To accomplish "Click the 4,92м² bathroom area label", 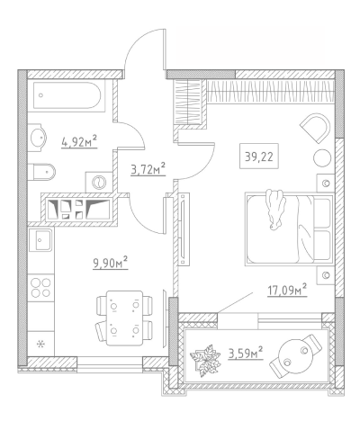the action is [x=79, y=141].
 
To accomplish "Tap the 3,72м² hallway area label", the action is [x=148, y=169].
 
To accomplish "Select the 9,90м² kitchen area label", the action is [x=111, y=263].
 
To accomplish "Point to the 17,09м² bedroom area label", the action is [x=287, y=290].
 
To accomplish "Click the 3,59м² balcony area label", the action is [x=246, y=353].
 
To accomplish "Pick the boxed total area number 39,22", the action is [x=259, y=156].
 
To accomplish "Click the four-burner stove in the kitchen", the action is [x=40, y=288].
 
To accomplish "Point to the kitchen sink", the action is [x=41, y=239].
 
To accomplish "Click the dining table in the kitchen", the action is [x=124, y=318].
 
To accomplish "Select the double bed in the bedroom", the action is [x=290, y=229].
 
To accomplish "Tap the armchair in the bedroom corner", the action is [x=316, y=128].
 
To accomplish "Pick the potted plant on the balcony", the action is [x=205, y=360].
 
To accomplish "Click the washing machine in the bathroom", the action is [x=98, y=182].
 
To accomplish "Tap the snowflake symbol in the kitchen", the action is [x=40, y=344].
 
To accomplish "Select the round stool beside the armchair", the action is [x=322, y=157].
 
